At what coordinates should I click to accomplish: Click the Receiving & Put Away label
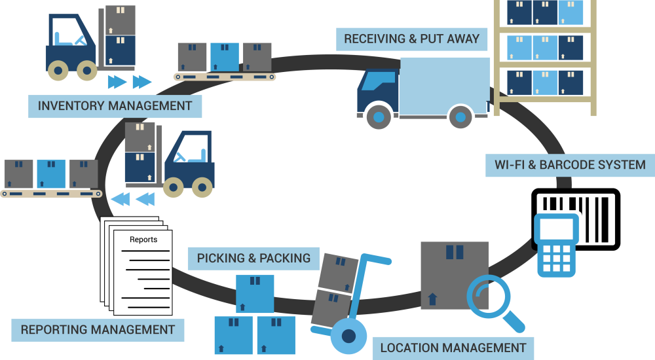click(x=412, y=39)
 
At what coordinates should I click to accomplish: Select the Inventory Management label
click(x=115, y=106)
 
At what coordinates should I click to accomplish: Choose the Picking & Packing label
click(x=253, y=258)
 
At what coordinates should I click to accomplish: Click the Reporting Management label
click(x=98, y=330)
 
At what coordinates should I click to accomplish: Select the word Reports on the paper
click(x=143, y=240)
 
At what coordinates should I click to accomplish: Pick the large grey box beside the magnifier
click(x=455, y=275)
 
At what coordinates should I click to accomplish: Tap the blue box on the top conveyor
click(x=225, y=57)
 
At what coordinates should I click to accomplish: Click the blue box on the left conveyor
click(x=51, y=174)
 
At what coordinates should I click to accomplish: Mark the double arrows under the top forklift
click(x=129, y=82)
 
